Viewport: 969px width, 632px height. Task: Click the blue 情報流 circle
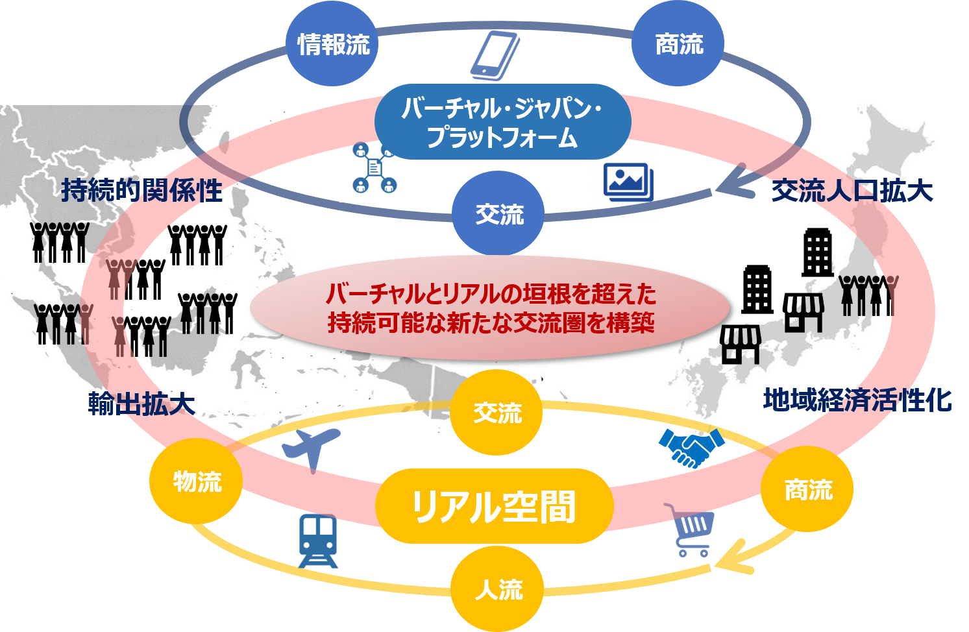pyautogui.click(x=333, y=44)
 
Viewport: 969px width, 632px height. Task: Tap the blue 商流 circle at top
pyautogui.click(x=679, y=44)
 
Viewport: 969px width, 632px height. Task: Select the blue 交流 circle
pyautogui.click(x=498, y=213)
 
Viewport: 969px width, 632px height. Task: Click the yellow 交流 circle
pyautogui.click(x=497, y=413)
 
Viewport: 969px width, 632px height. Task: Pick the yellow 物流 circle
pyautogui.click(x=197, y=481)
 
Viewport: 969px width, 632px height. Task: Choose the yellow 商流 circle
pyautogui.click(x=807, y=489)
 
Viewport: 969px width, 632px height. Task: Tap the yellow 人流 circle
pyautogui.click(x=498, y=589)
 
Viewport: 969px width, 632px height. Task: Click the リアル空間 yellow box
pyautogui.click(x=494, y=506)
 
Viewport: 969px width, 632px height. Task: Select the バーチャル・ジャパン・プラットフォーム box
pyautogui.click(x=502, y=122)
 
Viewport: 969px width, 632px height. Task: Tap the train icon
pyautogui.click(x=318, y=541)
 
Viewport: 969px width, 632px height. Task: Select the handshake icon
pyautogui.click(x=691, y=447)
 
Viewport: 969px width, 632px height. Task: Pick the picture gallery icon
pyautogui.click(x=628, y=182)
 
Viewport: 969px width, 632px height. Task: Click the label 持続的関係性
pyautogui.click(x=141, y=191)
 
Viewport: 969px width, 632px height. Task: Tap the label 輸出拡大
pyautogui.click(x=141, y=404)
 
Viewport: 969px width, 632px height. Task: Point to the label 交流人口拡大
pyautogui.click(x=852, y=191)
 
